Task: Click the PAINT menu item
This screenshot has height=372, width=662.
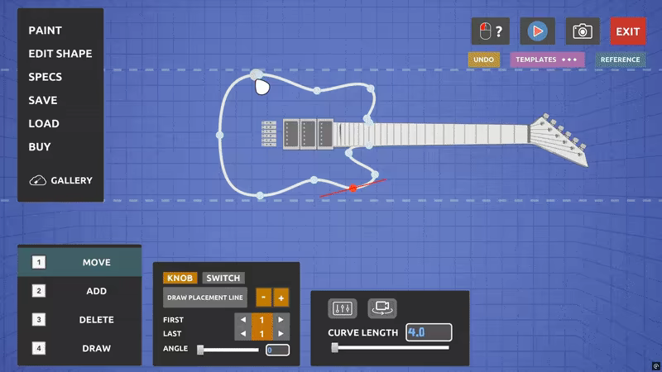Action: click(x=46, y=31)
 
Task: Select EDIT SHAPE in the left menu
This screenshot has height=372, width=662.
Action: click(x=60, y=54)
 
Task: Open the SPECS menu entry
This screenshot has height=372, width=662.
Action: click(x=46, y=77)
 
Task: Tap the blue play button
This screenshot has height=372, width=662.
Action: click(x=537, y=31)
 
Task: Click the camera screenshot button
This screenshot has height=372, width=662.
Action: click(x=583, y=31)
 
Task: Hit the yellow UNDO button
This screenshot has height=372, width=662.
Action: click(x=484, y=60)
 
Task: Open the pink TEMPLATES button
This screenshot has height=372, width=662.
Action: click(x=547, y=60)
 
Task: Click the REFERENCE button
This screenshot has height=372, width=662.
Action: click(x=620, y=60)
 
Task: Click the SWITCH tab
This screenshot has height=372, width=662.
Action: click(x=223, y=278)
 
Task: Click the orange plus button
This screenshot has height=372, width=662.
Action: click(x=281, y=298)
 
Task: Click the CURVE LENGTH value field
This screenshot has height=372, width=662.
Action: click(x=429, y=332)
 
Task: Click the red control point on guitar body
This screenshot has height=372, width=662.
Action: click(x=353, y=188)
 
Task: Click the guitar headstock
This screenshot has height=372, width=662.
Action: click(x=558, y=140)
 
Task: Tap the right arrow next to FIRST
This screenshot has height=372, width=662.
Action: click(x=281, y=320)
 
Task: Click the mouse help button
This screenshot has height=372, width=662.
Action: click(x=490, y=31)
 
